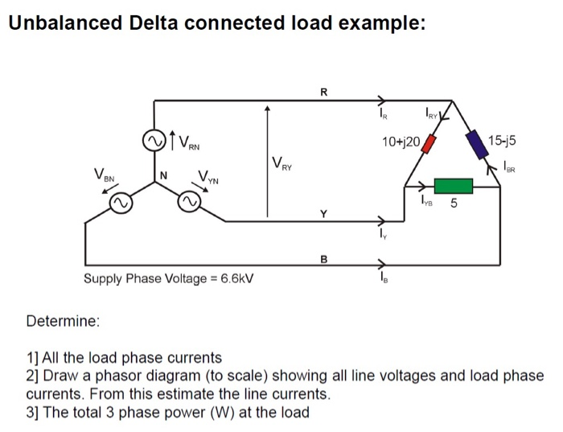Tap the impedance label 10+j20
click(402, 141)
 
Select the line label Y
click(323, 214)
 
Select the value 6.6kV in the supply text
click(236, 280)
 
